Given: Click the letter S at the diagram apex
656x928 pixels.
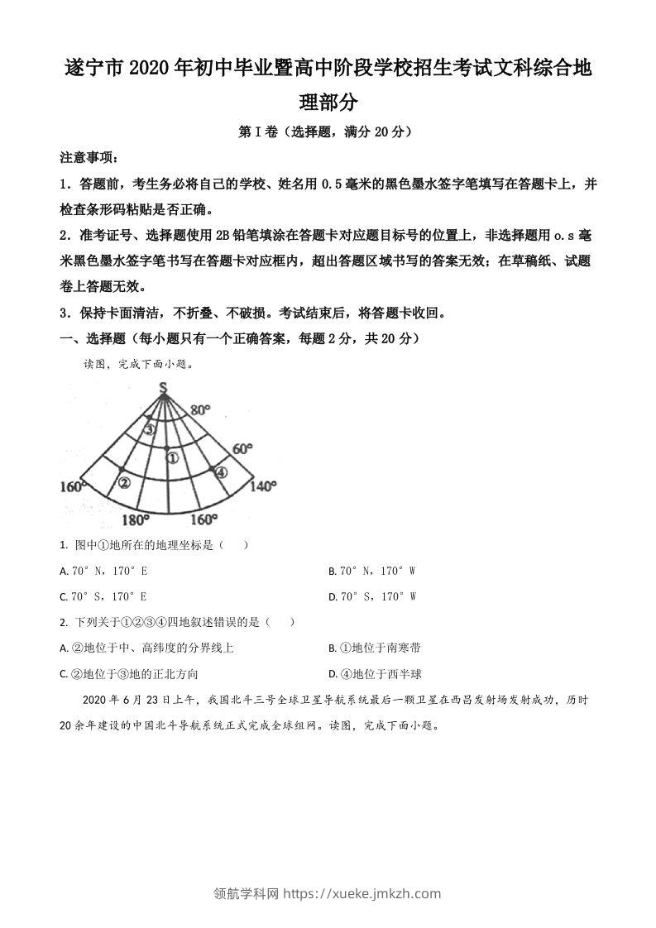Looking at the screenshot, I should (164, 387).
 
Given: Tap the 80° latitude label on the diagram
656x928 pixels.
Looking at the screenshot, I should (202, 410).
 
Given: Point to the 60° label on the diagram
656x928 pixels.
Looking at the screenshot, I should (242, 448).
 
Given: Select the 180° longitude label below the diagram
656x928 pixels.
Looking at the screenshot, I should (135, 520).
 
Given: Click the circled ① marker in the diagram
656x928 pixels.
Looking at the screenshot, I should (171, 457).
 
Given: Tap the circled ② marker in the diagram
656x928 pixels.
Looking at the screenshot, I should (125, 482).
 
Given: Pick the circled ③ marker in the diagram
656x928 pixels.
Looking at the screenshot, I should (149, 429).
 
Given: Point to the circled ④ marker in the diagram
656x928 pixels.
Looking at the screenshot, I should (221, 472).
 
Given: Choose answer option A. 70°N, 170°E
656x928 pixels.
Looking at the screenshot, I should (104, 571).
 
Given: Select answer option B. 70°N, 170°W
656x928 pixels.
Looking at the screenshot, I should (371, 571).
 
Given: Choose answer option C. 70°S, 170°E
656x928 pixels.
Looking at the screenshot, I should (104, 596).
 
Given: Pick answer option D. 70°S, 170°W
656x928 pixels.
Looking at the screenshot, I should (371, 596).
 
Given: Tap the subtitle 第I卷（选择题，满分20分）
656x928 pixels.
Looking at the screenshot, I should (327, 131).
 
